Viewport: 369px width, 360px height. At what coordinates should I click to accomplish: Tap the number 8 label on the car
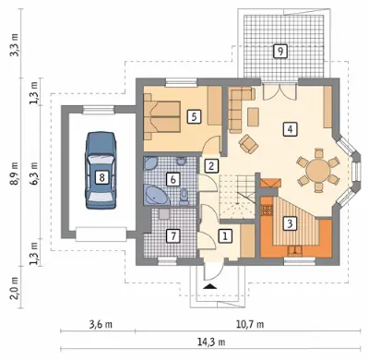click(101, 177)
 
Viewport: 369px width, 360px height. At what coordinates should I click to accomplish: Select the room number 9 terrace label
click(280, 51)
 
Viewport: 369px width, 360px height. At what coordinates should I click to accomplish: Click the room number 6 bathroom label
click(173, 179)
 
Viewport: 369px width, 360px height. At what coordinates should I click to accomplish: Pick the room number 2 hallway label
click(211, 166)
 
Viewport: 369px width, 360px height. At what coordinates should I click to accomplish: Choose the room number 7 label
click(173, 236)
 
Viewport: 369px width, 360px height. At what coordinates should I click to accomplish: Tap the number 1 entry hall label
click(225, 236)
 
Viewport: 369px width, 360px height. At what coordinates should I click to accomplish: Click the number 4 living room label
click(290, 129)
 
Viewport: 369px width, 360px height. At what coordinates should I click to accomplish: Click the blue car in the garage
click(101, 171)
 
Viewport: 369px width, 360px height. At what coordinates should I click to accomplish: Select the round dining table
click(317, 170)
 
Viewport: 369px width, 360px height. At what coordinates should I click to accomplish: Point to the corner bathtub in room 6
click(156, 195)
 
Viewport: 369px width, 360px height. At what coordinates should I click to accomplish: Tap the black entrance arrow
click(210, 286)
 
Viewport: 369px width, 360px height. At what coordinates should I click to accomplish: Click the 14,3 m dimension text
click(211, 342)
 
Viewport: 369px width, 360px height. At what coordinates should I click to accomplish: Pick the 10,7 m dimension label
click(250, 324)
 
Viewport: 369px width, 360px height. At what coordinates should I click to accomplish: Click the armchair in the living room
click(248, 144)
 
